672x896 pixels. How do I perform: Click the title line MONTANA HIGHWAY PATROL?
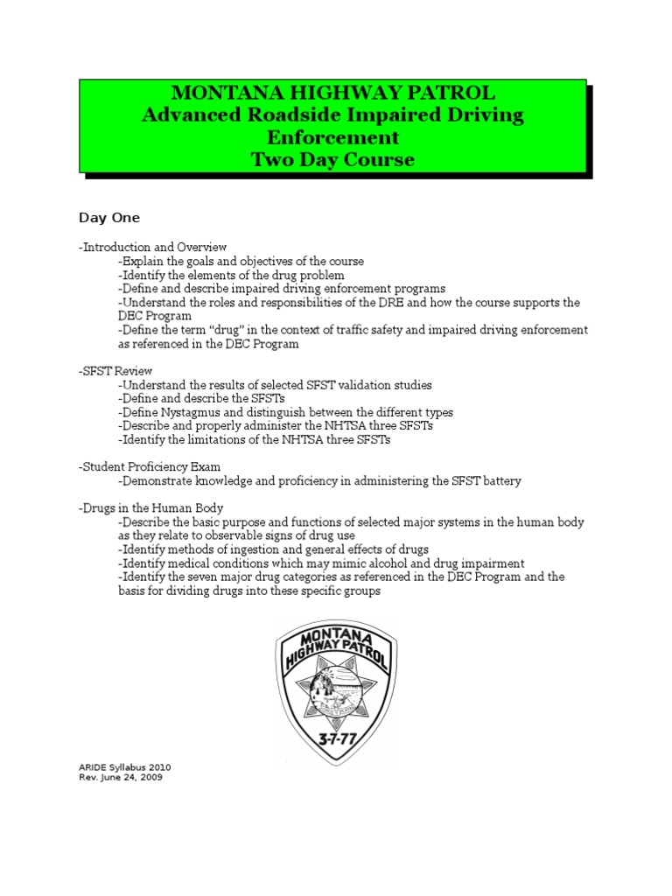pyautogui.click(x=333, y=93)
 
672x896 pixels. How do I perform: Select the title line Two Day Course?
pyautogui.click(x=332, y=159)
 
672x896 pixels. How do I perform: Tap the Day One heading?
pyautogui.click(x=109, y=217)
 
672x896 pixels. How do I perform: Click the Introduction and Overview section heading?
pyautogui.click(x=153, y=248)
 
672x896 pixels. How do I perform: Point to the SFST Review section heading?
pyautogui.click(x=115, y=371)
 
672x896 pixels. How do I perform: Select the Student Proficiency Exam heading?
pyautogui.click(x=149, y=467)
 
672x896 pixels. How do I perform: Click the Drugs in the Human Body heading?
pyautogui.click(x=150, y=507)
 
